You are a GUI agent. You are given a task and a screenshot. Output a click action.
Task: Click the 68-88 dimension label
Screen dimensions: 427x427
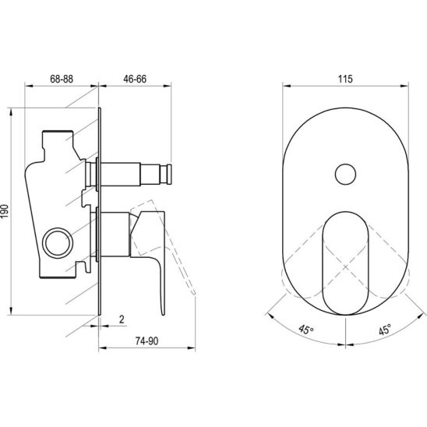(62, 79)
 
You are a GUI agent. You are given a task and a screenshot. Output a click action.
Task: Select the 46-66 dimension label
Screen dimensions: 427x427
(135, 79)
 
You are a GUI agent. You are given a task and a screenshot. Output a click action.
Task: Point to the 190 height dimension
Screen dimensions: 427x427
(5, 211)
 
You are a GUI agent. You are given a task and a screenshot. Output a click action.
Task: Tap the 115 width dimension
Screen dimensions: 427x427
(345, 79)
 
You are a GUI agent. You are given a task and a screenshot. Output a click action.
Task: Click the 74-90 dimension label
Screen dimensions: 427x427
(146, 341)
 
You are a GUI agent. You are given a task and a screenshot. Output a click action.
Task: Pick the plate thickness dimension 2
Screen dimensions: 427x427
(122, 319)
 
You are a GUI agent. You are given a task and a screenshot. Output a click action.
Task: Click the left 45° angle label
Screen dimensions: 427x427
(307, 329)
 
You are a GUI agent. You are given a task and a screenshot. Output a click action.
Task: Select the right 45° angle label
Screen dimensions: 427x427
(384, 330)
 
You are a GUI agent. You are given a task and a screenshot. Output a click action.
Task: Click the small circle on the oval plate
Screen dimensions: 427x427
(345, 175)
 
